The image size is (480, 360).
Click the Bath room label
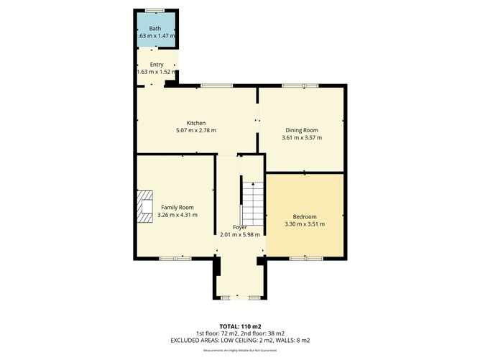pos(155,28)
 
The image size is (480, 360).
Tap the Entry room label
pos(157,65)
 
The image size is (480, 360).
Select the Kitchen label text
pos(196,122)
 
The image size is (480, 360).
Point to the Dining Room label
pos(302,129)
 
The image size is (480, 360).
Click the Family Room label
pos(177,207)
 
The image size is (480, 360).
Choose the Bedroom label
pos(305,216)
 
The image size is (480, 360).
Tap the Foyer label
pos(239,226)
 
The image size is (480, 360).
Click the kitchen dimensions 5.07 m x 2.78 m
pos(196,130)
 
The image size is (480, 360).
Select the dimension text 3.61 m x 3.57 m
pos(302,137)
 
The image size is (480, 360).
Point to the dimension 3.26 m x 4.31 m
pos(177,215)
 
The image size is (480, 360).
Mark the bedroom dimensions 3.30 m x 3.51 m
pos(305,224)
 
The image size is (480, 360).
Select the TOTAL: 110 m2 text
pos(240,326)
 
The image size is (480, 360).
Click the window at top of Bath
pos(153,10)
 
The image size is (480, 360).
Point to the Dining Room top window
pos(300,86)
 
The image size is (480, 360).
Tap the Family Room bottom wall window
pos(175,257)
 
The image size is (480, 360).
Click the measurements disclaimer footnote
pos(240,350)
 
